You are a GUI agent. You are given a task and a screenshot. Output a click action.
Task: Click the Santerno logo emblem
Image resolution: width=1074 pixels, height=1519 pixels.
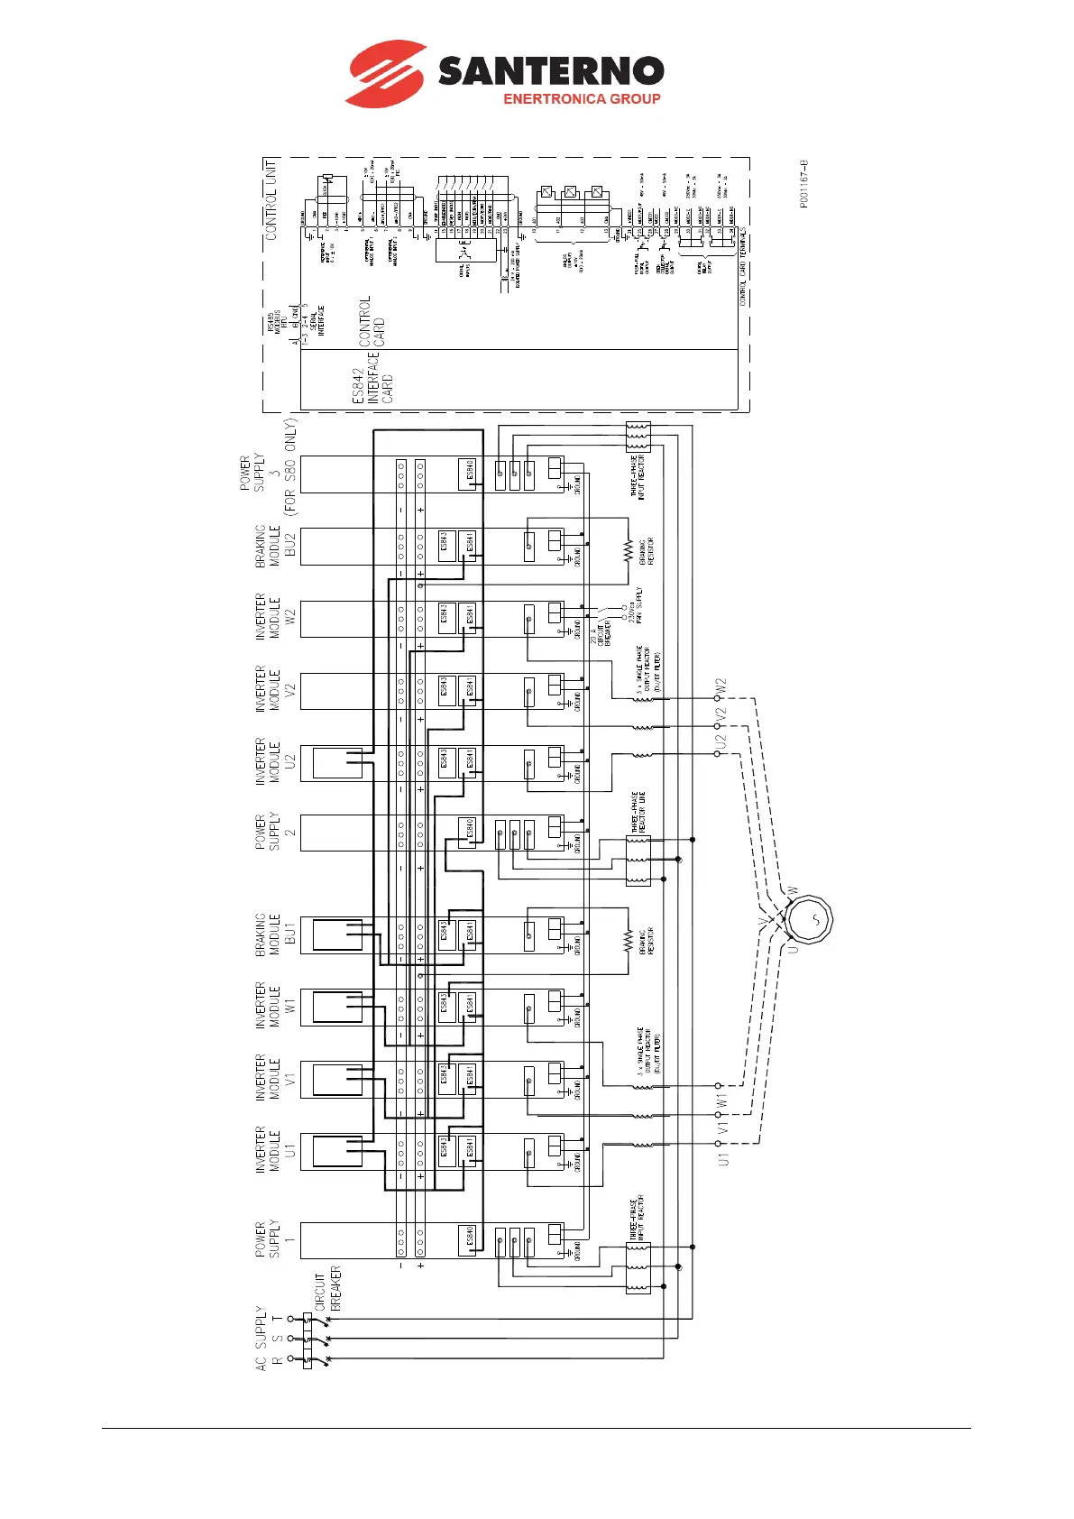point(385,73)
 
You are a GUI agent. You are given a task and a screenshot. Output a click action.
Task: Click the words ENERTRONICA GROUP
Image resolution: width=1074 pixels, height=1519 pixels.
point(582,99)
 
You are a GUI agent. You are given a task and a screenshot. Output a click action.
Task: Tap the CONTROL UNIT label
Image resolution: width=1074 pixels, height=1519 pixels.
point(271,199)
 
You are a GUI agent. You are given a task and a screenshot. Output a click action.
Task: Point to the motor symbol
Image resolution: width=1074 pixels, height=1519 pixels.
point(808,921)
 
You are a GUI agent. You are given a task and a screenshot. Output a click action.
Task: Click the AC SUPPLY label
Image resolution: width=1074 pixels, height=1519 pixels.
point(262,1338)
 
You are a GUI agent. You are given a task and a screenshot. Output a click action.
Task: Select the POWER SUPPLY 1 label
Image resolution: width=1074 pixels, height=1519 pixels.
point(268,1239)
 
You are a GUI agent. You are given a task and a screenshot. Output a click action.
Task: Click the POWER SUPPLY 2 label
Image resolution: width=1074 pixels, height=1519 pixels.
point(268,833)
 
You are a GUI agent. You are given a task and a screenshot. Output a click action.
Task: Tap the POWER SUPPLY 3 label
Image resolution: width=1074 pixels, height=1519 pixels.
point(268,473)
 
